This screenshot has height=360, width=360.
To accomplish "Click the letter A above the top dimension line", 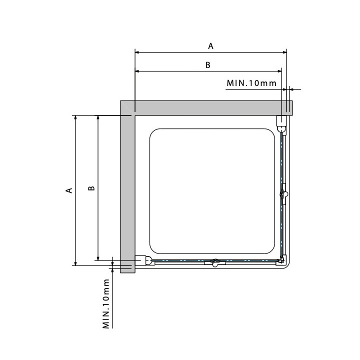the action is tap(210, 46).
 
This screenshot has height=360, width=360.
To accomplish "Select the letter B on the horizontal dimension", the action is tap(208, 65).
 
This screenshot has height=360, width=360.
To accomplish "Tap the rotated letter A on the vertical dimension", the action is tap(69, 190).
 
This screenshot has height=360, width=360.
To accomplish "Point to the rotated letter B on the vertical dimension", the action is tap(91, 188).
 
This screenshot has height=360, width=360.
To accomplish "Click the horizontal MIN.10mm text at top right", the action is tap(251, 83).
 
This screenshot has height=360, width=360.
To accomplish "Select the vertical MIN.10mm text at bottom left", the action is tap(106, 304).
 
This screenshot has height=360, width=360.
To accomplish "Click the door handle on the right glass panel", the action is tap(284, 194).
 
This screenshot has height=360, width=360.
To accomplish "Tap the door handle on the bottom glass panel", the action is tap(215, 262).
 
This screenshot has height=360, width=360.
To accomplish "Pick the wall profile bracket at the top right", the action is tap(281, 124).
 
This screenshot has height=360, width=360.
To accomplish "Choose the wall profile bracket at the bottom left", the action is tap(143, 260).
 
